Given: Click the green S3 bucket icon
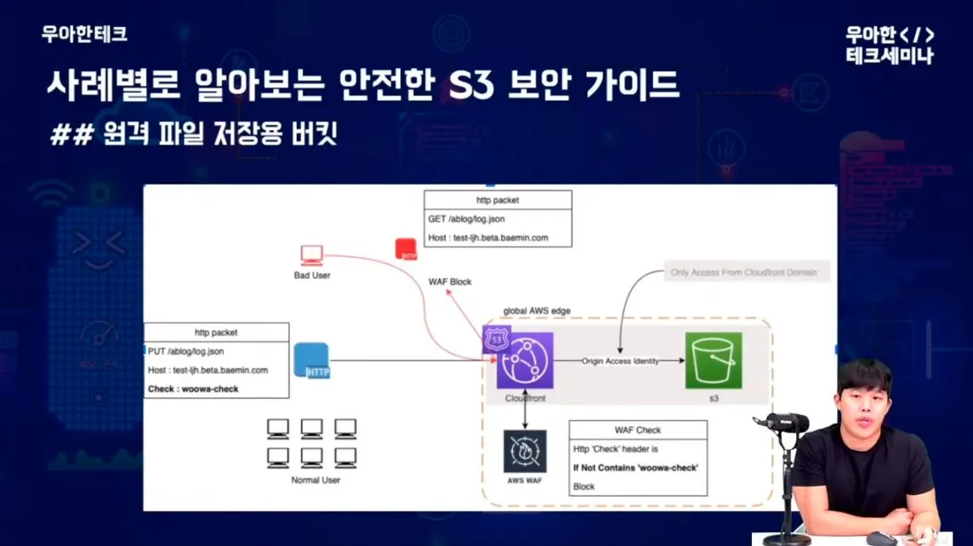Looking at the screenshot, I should click(x=713, y=361).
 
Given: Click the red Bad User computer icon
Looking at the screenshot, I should click(x=311, y=255).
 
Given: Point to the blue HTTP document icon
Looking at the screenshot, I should click(x=311, y=360).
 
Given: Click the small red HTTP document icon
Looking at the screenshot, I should click(x=406, y=249).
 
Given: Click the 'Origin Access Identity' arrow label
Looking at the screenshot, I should click(x=620, y=361).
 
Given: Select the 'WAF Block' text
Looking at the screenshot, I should click(x=450, y=282).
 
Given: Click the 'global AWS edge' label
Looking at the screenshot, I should click(x=537, y=311).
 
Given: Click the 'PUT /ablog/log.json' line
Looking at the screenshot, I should click(x=188, y=350).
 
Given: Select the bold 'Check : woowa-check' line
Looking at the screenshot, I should click(x=193, y=389).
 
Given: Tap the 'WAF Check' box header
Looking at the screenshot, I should click(x=637, y=429).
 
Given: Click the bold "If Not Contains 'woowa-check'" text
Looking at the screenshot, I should click(x=640, y=467).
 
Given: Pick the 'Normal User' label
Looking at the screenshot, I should click(x=315, y=480).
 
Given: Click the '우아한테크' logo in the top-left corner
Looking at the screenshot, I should click(x=84, y=34).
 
